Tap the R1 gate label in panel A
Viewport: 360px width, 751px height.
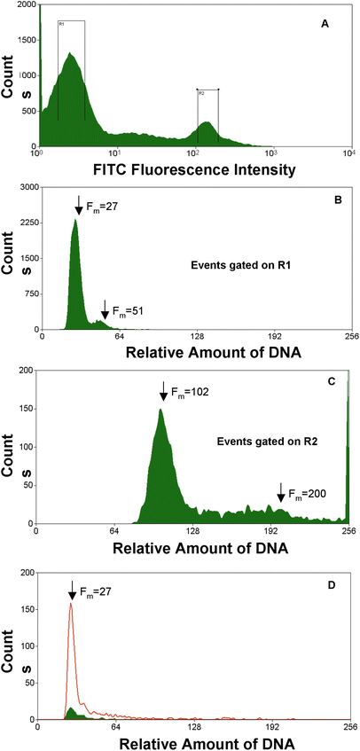tap(60, 25)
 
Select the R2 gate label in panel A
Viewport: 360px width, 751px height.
tap(201, 92)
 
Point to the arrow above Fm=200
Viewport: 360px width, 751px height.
tap(280, 491)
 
